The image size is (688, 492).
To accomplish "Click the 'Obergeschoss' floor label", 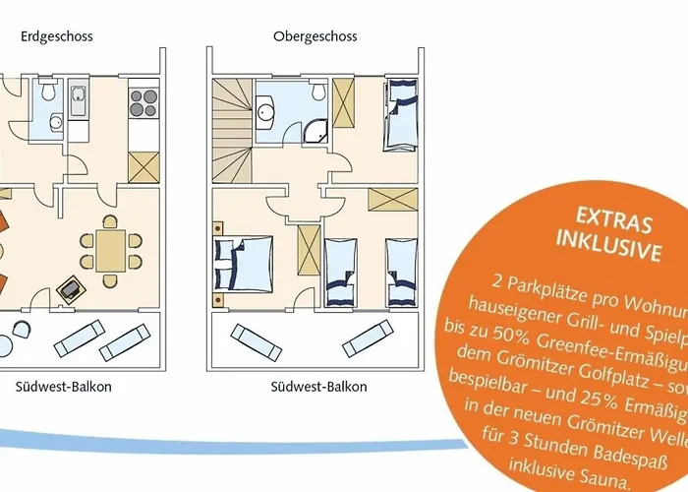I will (x=315, y=36).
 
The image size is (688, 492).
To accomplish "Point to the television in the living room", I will (x=71, y=289).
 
